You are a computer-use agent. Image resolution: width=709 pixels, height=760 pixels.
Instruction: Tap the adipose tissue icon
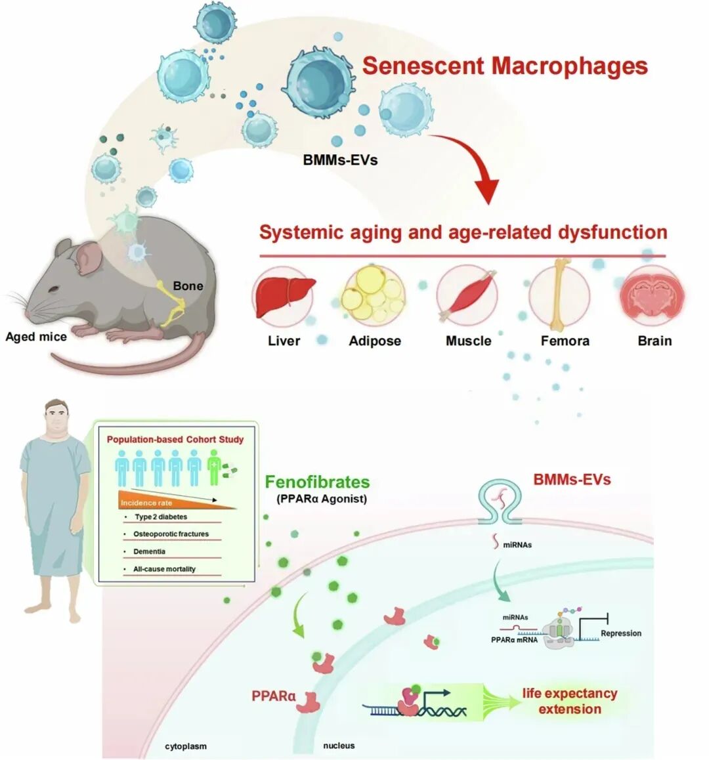click(x=374, y=297)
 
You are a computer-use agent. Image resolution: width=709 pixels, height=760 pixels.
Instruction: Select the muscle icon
click(x=467, y=297)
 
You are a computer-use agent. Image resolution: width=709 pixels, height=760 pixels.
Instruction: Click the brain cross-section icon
click(x=653, y=297)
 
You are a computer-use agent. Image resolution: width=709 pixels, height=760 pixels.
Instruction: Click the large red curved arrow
click(x=473, y=164)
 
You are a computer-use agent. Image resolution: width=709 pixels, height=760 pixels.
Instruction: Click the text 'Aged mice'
click(x=36, y=337)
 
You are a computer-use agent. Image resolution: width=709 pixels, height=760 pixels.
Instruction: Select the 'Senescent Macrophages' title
click(x=505, y=66)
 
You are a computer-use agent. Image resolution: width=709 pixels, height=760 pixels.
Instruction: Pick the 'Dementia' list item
click(x=149, y=551)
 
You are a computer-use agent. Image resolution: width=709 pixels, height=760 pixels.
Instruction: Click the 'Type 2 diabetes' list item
click(x=161, y=517)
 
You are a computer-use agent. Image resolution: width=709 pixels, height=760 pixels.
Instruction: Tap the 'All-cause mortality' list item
click(x=164, y=569)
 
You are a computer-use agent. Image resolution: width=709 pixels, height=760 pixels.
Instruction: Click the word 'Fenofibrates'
click(x=317, y=482)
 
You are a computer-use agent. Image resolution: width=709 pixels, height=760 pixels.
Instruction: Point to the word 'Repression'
click(x=620, y=633)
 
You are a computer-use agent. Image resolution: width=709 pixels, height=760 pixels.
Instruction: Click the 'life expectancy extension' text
click(x=569, y=701)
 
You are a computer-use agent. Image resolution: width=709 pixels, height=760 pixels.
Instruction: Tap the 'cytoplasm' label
click(x=186, y=746)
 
